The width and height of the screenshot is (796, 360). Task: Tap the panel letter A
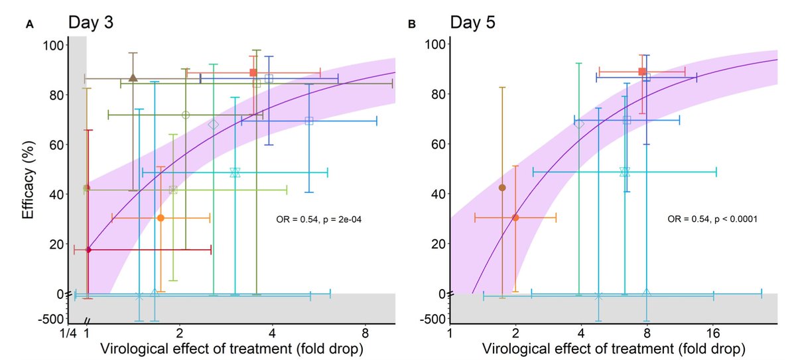pos(29,25)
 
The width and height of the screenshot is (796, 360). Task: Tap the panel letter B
pos(411,25)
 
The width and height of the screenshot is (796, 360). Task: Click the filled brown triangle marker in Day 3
pos(133,78)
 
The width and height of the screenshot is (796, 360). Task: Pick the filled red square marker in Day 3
pos(253,72)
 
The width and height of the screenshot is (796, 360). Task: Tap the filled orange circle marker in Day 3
pos(161,217)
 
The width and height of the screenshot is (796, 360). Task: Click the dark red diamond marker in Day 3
pos(88,249)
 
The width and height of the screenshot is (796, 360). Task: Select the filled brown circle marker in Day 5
pos(502,188)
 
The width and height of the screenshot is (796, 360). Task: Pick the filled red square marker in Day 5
pos(641,72)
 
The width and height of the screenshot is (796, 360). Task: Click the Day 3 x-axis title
pos(232,348)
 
